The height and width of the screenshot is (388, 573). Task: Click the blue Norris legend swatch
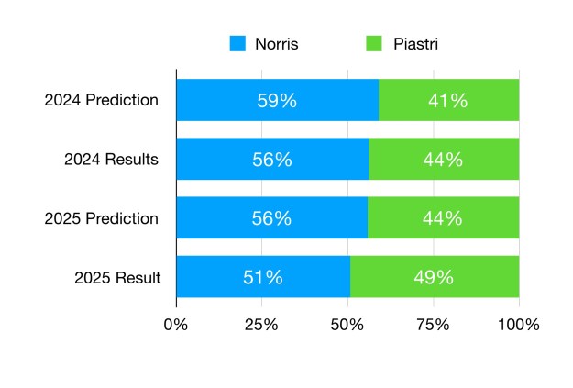237,43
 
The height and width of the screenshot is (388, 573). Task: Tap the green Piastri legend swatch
374,43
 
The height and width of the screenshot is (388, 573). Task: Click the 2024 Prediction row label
102,100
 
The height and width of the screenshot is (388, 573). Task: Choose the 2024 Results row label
111,160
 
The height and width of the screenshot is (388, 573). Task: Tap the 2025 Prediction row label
102,218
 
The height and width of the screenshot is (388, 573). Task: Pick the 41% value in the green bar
448,100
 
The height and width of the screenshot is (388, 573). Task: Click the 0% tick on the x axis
175,325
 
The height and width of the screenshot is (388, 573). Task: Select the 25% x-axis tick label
261,325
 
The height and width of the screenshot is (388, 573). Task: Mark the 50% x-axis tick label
347,325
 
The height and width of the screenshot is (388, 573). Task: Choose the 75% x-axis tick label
434,325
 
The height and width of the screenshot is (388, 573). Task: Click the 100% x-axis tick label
519,325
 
